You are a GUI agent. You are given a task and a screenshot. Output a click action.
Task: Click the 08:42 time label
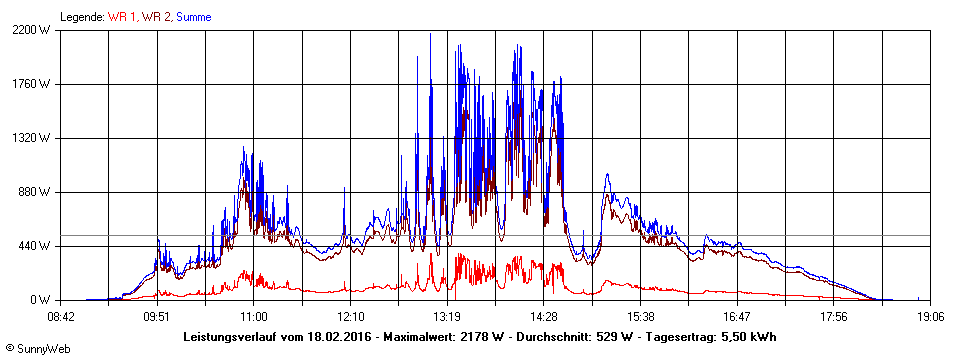(61, 317)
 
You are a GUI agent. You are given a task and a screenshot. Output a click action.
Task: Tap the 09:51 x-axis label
(157, 317)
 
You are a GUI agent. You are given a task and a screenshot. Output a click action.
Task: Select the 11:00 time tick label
(254, 317)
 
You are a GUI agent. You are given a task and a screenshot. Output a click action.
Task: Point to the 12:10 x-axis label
(351, 317)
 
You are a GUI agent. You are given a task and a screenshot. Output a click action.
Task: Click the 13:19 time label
(447, 317)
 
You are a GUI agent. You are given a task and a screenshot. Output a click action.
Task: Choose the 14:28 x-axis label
(544, 317)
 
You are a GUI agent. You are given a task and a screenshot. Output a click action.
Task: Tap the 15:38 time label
(641, 317)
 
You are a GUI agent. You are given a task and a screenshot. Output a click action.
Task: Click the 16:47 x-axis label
(737, 317)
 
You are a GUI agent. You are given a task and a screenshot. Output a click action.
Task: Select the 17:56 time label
(834, 317)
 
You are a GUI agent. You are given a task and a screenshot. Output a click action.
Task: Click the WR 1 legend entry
(122, 17)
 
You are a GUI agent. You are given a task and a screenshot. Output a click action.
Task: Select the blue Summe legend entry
(194, 17)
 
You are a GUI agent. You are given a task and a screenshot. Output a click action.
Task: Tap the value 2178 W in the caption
(476, 336)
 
